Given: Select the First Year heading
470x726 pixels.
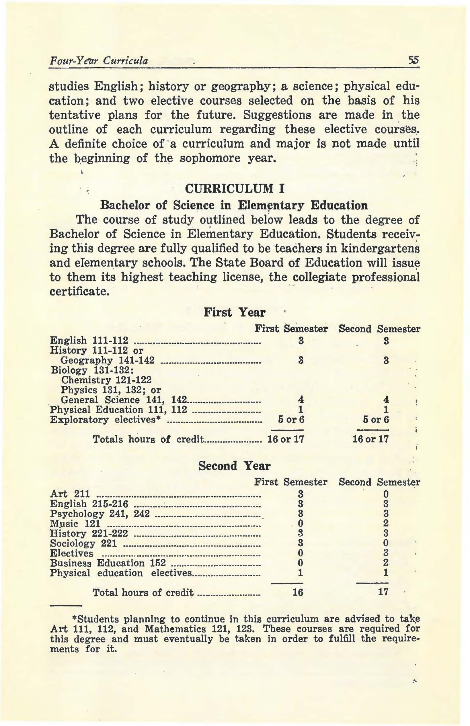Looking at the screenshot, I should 234,312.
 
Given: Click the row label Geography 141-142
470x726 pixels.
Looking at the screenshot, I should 108,360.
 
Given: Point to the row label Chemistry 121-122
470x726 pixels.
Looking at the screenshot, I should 106,380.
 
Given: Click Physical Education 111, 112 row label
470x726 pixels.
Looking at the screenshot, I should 118,409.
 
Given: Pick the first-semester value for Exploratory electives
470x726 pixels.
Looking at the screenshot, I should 291,419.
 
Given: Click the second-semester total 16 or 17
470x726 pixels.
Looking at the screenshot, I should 370,439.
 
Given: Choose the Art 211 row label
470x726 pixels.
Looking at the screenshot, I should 70,493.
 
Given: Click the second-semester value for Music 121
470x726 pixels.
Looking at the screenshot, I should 386,523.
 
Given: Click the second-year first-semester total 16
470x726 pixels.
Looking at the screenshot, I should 298,592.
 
